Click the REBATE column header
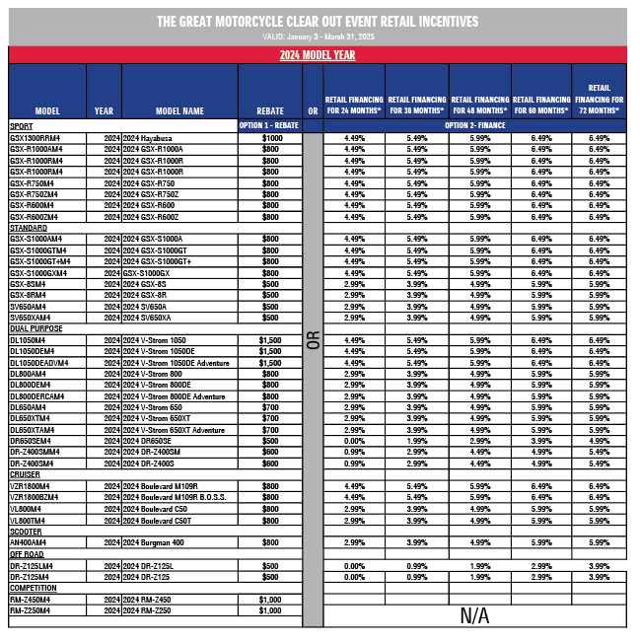tap(270, 111)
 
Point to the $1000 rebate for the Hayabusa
tap(271, 138)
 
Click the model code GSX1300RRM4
tap(36, 138)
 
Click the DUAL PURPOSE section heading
tap(36, 328)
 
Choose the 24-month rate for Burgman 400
tap(355, 542)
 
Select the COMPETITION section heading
tap(33, 588)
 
